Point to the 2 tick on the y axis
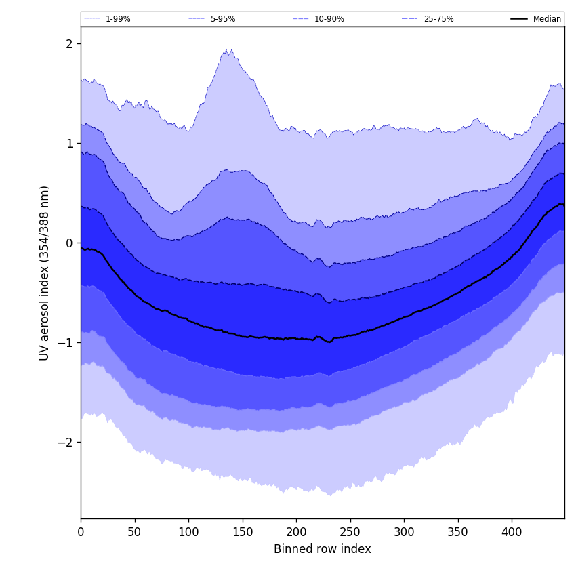coord(69,44)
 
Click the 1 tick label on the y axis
coord(69,144)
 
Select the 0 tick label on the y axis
coord(69,243)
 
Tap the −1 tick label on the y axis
coord(66,343)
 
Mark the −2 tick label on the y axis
coord(66,443)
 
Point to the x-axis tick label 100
coord(188,532)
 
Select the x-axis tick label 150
coord(243,532)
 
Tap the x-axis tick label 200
coord(296,532)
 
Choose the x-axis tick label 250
coord(350,532)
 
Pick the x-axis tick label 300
coord(404,532)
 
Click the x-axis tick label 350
coord(458,532)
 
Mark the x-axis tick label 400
coord(512,532)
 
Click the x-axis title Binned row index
coord(323,550)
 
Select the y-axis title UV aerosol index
coord(45,273)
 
